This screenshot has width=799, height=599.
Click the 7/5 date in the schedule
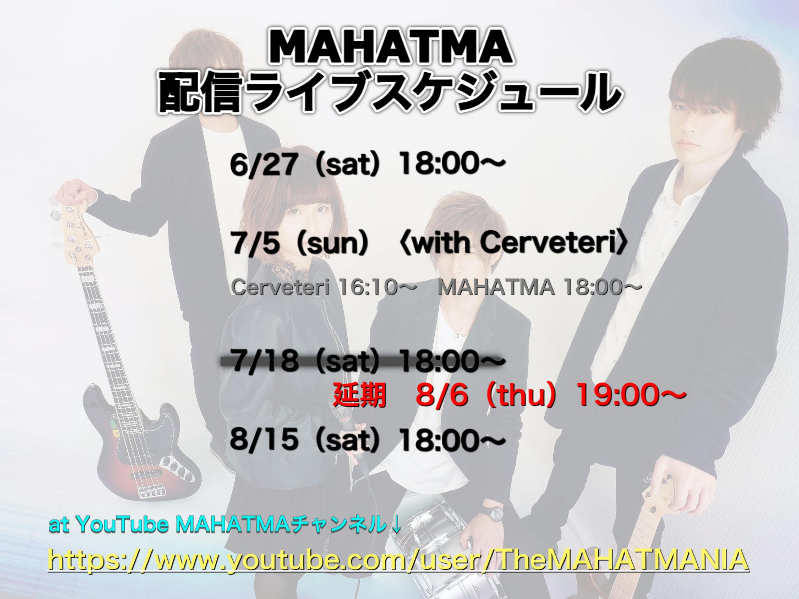pyautogui.click(x=256, y=244)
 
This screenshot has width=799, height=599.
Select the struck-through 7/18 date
pyautogui.click(x=266, y=363)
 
